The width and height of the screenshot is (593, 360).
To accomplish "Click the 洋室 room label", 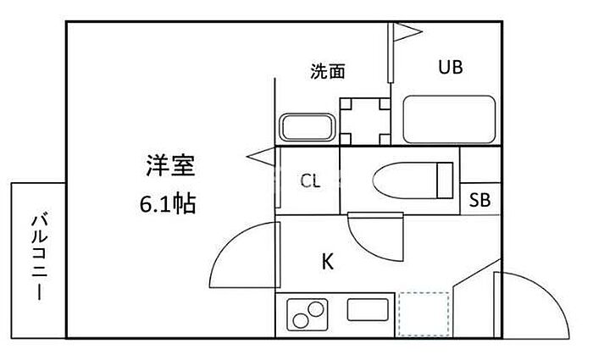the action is coord(170,166).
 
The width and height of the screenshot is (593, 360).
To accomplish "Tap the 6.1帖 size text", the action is coord(168,204).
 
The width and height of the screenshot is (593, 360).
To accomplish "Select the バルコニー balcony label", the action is coord(39,258).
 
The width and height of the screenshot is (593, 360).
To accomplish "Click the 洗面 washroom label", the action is coord(328,71).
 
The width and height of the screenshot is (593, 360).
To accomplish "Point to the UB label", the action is coord(451,67).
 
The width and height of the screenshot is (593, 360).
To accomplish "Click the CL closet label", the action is coord(311,181).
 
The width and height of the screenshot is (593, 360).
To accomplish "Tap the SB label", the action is coord(480,200).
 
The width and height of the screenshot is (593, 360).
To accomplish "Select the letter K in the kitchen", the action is coord(328,261).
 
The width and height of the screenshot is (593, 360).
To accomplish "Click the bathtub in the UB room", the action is coord(449,119).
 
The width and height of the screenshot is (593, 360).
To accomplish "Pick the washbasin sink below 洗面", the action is coord(307,127).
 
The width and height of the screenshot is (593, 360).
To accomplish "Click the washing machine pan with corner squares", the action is coord(365,122).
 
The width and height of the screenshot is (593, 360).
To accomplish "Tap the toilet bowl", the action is coord(405,180).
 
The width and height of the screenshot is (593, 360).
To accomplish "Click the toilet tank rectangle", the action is coord(445,180).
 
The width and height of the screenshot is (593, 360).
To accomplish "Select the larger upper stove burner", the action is coord(316,309).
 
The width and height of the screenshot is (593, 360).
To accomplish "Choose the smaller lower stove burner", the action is coord(301,321).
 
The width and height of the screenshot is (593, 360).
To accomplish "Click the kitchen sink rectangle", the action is coord(368,310).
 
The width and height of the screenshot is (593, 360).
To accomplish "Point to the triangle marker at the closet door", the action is coord(261,157).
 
